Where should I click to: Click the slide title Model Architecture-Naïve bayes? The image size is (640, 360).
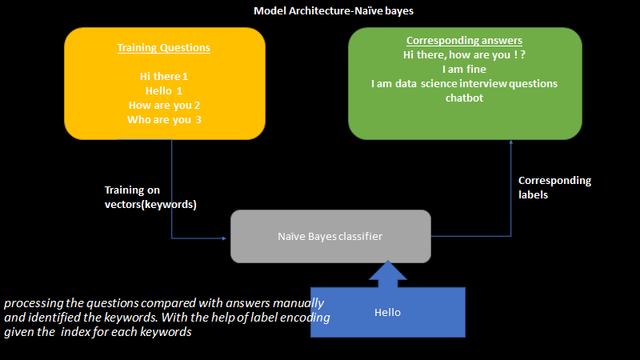tap(333, 11)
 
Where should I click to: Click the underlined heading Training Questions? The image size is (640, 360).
tap(164, 48)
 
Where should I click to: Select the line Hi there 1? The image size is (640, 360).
tap(164, 77)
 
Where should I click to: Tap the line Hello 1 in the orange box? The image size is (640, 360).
tap(164, 91)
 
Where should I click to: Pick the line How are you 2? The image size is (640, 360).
tap(164, 106)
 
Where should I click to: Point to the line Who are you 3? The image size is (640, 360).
tap(164, 120)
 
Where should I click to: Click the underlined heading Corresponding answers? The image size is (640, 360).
tap(465, 41)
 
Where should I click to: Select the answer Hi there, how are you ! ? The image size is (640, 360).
tap(465, 55)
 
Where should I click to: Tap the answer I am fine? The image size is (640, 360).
tap(465, 70)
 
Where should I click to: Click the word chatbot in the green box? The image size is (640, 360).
tap(465, 98)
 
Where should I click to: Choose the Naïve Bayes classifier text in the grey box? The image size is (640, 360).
tap(330, 237)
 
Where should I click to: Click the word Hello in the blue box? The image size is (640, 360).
tap(387, 312)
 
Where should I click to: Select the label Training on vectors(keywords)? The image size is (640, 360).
tap(150, 197)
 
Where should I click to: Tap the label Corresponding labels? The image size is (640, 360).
tap(554, 187)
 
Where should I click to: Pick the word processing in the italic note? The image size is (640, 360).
tap(32, 304)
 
